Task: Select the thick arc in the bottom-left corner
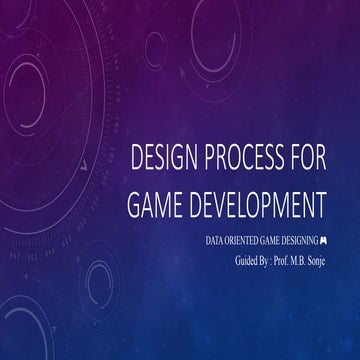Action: pos(20,335)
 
